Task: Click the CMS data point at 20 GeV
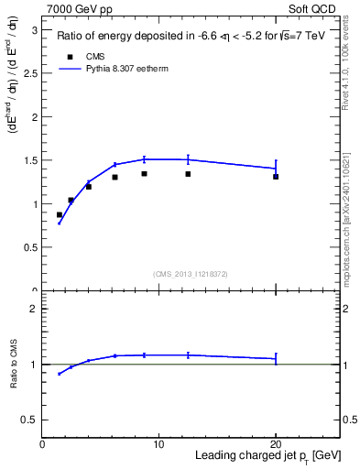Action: point(275,177)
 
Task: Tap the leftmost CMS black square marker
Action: point(60,215)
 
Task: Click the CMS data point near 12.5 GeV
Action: point(188,174)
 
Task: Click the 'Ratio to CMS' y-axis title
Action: point(13,365)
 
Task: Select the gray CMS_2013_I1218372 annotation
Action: point(191,273)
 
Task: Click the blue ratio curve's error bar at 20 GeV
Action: point(275,359)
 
